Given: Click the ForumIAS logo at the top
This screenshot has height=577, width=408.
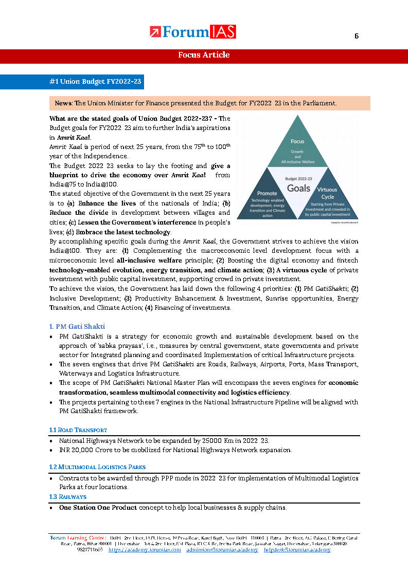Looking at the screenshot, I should (193, 32).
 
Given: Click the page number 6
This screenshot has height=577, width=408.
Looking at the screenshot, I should (356, 36).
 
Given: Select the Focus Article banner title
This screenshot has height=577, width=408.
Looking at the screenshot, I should (204, 55).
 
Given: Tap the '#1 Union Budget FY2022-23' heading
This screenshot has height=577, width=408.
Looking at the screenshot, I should (95, 82).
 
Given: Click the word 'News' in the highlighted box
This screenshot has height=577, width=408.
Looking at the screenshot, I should (64, 103).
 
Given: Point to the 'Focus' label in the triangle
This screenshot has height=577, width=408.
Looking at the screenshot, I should (297, 141).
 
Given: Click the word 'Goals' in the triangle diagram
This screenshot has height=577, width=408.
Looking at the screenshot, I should (298, 188).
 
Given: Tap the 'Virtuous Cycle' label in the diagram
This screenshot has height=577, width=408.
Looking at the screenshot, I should (328, 193).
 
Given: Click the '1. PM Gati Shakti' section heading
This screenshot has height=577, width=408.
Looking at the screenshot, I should (77, 327).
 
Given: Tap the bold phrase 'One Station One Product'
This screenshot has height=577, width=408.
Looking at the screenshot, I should (98, 508).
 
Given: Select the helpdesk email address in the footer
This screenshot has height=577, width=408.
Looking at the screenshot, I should (297, 550).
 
